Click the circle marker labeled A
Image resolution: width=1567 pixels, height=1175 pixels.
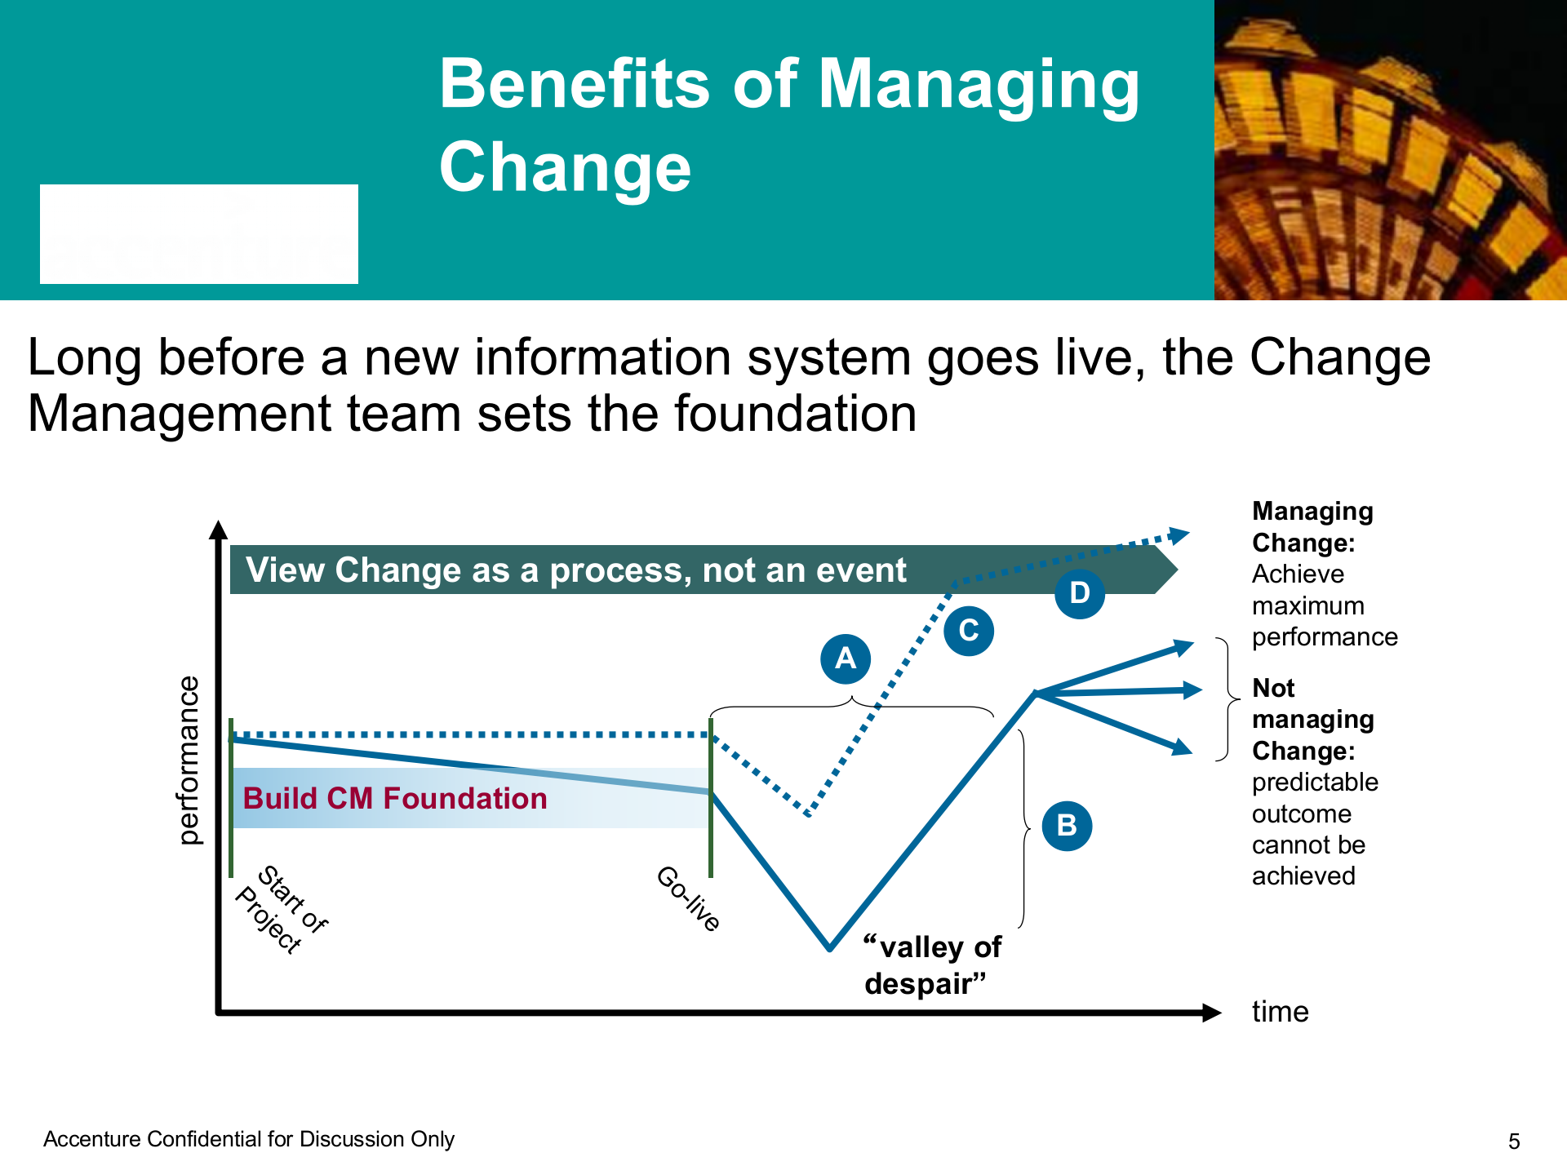click(846, 658)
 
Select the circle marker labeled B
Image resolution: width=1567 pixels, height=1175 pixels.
click(1067, 826)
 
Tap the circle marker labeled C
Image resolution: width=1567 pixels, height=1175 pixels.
click(969, 631)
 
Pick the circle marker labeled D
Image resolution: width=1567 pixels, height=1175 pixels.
click(1080, 593)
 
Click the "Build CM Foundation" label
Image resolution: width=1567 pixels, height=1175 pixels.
click(395, 798)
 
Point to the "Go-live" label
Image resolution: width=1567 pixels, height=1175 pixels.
click(689, 898)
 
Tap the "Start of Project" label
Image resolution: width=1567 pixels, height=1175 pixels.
click(281, 908)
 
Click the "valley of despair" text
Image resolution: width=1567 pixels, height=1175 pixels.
click(932, 965)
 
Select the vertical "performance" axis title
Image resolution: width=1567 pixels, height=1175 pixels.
click(189, 760)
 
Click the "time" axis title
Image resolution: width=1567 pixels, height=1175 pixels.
click(1280, 1012)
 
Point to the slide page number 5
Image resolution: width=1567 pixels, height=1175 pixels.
click(1514, 1142)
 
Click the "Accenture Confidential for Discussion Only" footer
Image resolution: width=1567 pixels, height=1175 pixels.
click(249, 1139)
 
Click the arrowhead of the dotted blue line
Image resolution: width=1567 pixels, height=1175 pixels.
click(1179, 535)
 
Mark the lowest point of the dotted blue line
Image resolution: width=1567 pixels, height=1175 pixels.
click(808, 814)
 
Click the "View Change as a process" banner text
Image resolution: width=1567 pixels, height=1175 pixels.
click(575, 570)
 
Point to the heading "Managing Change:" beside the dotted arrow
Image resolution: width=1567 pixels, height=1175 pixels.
click(1312, 527)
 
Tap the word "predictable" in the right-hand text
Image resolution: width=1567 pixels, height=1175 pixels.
click(1315, 782)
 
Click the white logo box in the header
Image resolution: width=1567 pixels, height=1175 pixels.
click(199, 234)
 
